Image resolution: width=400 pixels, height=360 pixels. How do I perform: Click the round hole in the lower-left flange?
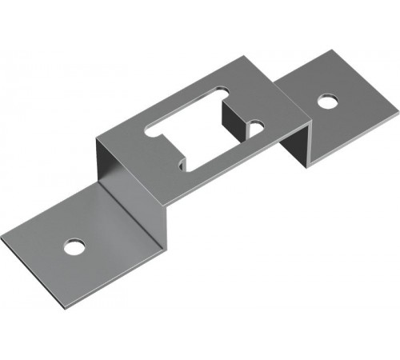[x=73, y=245]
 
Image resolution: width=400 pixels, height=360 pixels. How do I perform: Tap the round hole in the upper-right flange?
[x=326, y=102]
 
